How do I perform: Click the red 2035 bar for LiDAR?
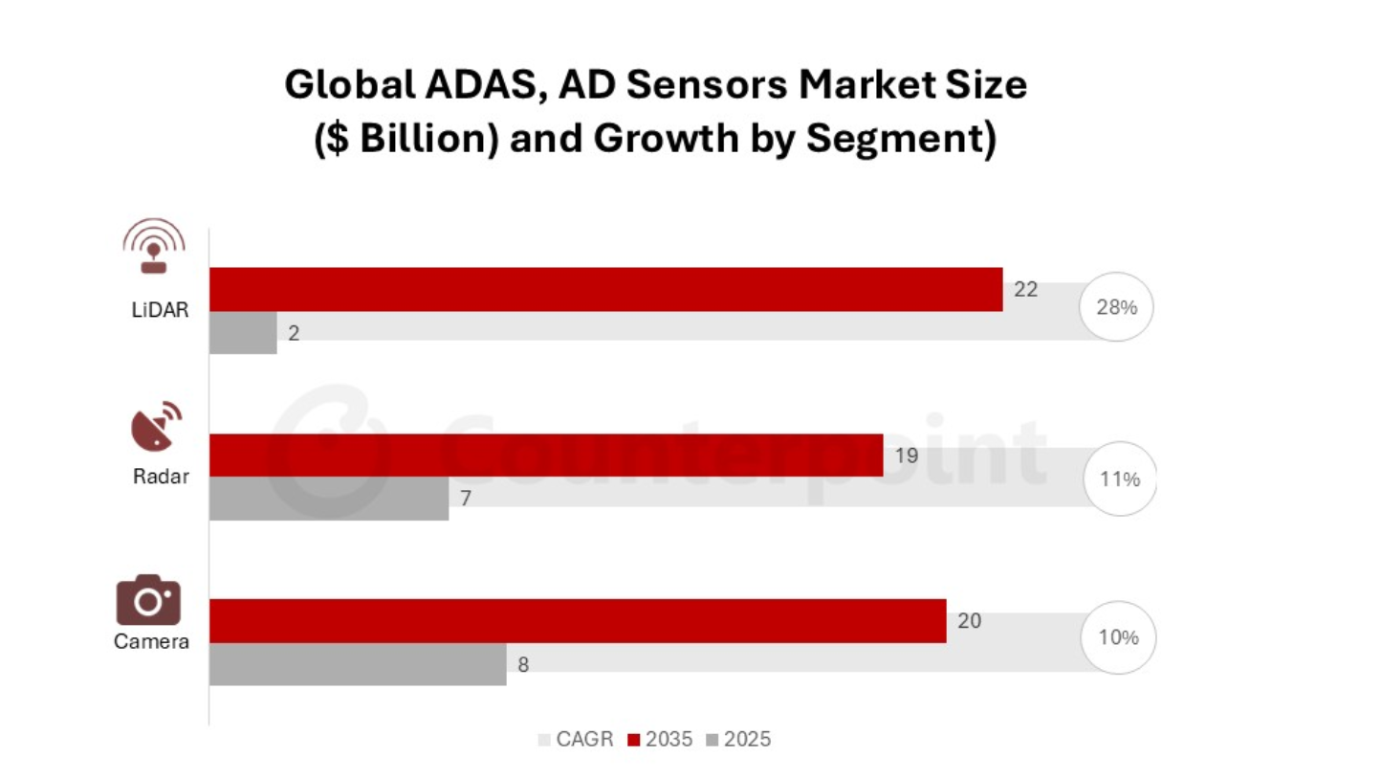click(x=605, y=289)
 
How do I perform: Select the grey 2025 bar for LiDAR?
click(x=243, y=333)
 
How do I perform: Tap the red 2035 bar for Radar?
click(x=545, y=455)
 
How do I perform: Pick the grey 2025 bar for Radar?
click(x=328, y=499)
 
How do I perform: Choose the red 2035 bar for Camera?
click(x=577, y=620)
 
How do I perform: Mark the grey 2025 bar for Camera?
click(x=357, y=664)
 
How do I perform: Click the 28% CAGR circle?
click(x=1117, y=308)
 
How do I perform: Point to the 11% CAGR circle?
click(x=1119, y=479)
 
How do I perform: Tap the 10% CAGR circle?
click(x=1118, y=637)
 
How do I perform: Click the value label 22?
click(x=1025, y=289)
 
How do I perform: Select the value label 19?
click(x=906, y=456)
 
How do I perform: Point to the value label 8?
click(x=523, y=664)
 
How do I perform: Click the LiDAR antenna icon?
click(x=153, y=247)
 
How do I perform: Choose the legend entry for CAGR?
click(x=577, y=740)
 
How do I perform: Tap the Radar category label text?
click(x=161, y=476)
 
